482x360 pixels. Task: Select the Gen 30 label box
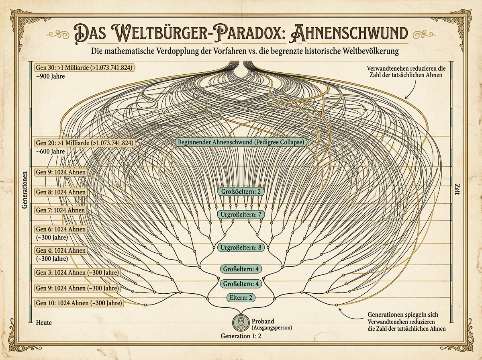coord(84,67)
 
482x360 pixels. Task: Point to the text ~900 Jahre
coord(50,76)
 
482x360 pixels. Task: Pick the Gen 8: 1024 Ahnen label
coord(61,192)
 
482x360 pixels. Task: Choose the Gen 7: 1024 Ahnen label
coord(60,210)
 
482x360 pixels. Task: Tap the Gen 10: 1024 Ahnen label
coord(79,303)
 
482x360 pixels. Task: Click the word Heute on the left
coord(44,323)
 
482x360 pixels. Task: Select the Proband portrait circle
coord(241,323)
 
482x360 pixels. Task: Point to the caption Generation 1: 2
coord(241,336)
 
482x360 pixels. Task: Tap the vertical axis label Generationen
coord(25,190)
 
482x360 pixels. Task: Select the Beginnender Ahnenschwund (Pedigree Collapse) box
coord(241,142)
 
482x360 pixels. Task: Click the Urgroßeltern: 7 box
coord(241,215)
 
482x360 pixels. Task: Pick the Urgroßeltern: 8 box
coord(241,247)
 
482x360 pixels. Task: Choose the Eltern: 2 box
coord(241,298)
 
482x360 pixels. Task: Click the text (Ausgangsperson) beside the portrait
coord(272,328)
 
